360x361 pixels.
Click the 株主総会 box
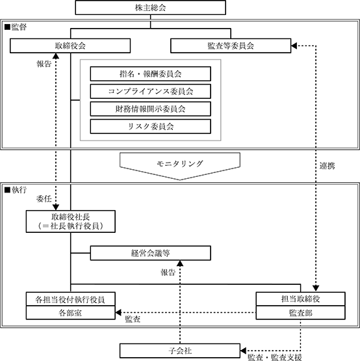[x=151, y=8]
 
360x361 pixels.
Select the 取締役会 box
[x=70, y=46]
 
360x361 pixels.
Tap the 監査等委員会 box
[x=231, y=46]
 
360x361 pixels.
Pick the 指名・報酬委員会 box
[x=151, y=74]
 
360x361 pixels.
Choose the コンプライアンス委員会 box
[x=151, y=92]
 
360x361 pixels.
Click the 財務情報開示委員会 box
[x=151, y=109]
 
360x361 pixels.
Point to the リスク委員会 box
[x=151, y=126]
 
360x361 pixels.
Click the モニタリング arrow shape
[x=180, y=166]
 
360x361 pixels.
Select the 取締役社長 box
[x=71, y=222]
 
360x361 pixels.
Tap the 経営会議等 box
[x=151, y=253]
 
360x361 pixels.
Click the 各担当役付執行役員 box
[x=71, y=299]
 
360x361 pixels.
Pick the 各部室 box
[x=71, y=313]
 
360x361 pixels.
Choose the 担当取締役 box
[x=301, y=299]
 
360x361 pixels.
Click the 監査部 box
[x=301, y=313]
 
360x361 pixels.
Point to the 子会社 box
[x=180, y=351]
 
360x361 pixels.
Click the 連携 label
[x=327, y=166]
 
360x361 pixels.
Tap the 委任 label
[x=44, y=198]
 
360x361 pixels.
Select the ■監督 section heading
[x=16, y=27]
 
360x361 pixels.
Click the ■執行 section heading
[x=16, y=190]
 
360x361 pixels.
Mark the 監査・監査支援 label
[x=275, y=357]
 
